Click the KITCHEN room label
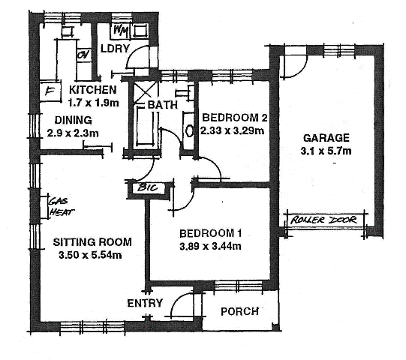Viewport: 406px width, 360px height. pos(92,90)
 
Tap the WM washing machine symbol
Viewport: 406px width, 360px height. pos(122,31)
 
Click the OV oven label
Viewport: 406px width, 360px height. pos(84,55)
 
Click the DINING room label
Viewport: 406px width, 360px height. pos(73,119)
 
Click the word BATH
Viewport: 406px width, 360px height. pos(162,105)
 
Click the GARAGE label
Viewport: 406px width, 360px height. pos(326,138)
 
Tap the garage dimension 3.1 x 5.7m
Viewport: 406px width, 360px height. pos(326,151)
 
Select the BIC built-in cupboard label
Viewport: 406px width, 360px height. pos(146,188)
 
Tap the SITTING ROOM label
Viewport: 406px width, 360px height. pos(92,241)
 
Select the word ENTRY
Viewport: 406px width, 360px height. pos(144,302)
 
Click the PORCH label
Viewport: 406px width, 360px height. pos(240,311)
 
